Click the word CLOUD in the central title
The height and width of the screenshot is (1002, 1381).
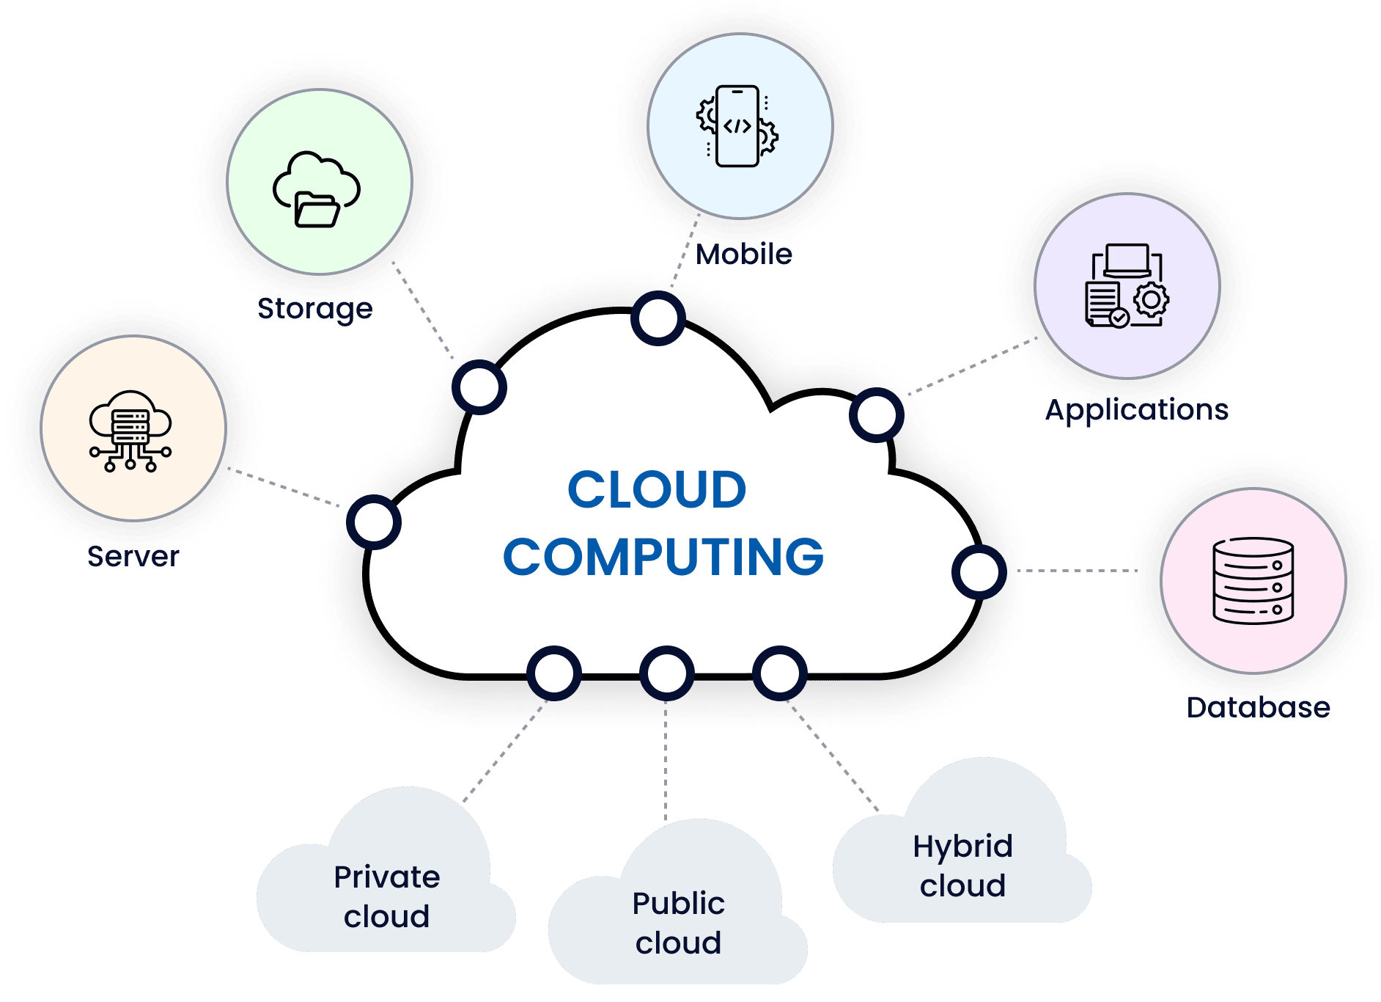click(x=657, y=490)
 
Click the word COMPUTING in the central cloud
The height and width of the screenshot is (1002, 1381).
click(x=663, y=557)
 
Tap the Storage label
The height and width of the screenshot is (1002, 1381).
click(x=315, y=309)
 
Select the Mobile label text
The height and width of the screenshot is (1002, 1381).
click(x=743, y=255)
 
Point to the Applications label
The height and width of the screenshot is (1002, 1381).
click(x=1136, y=409)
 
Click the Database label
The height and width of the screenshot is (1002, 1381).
click(x=1258, y=707)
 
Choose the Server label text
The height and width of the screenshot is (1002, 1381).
click(x=133, y=557)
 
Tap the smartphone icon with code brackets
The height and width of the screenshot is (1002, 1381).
click(x=737, y=126)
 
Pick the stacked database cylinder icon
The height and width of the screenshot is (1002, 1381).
click(x=1253, y=580)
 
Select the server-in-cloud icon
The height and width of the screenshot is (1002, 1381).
click(x=130, y=430)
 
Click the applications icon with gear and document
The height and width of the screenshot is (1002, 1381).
click(x=1127, y=286)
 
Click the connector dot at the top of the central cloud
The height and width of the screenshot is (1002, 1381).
click(x=658, y=318)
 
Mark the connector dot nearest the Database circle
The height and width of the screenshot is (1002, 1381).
click(x=979, y=571)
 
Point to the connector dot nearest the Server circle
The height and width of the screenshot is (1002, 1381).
click(x=374, y=522)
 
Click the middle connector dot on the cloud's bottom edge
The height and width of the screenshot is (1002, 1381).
click(x=666, y=673)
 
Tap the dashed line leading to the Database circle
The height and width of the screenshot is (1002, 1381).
click(x=1078, y=570)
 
